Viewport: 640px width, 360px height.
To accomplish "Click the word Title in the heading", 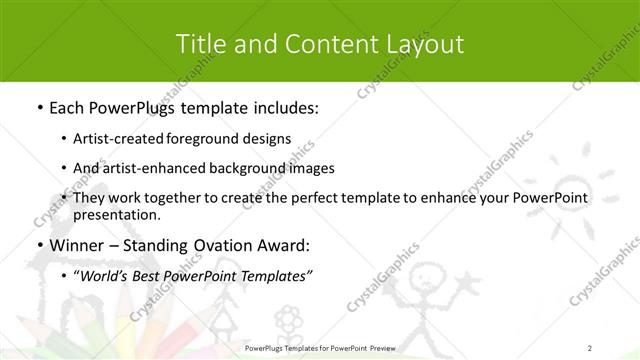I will [197, 44].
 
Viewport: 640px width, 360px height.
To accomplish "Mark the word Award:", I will [285, 245].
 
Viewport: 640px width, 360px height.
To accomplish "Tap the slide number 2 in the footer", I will [591, 347].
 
